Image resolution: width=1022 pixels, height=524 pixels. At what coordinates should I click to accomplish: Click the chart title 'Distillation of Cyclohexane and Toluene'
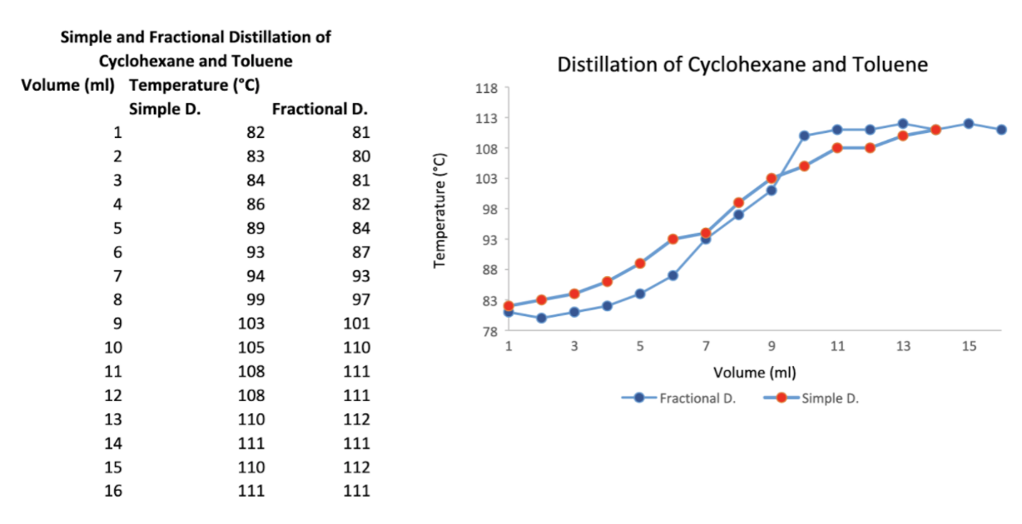click(x=742, y=64)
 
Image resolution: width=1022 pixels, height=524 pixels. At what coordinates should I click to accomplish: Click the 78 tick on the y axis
click(x=489, y=331)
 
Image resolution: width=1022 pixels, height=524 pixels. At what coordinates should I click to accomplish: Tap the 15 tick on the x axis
click(x=969, y=347)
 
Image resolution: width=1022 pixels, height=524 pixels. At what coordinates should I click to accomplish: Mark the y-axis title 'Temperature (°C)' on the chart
click(x=441, y=210)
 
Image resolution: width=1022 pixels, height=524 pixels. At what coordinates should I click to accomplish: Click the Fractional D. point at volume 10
click(x=805, y=136)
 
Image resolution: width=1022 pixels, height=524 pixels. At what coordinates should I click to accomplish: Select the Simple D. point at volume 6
click(x=673, y=240)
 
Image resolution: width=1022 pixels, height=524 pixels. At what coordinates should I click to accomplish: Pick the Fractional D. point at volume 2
click(x=541, y=318)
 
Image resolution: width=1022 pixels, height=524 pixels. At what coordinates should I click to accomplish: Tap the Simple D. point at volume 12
click(x=871, y=148)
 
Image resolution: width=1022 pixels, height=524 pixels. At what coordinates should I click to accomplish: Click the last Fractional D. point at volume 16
click(x=1002, y=130)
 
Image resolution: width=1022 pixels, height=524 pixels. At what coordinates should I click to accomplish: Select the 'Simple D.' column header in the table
click(x=166, y=109)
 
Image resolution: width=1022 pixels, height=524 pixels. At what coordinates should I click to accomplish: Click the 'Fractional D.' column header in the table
click(x=320, y=109)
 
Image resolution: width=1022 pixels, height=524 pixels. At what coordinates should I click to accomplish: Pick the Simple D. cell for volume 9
click(x=251, y=324)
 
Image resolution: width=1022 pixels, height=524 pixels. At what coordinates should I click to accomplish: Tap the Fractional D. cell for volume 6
click(x=357, y=252)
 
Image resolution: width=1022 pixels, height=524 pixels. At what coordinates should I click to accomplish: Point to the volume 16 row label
click(x=113, y=491)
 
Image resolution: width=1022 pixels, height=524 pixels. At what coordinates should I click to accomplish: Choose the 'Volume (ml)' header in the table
click(x=68, y=85)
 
